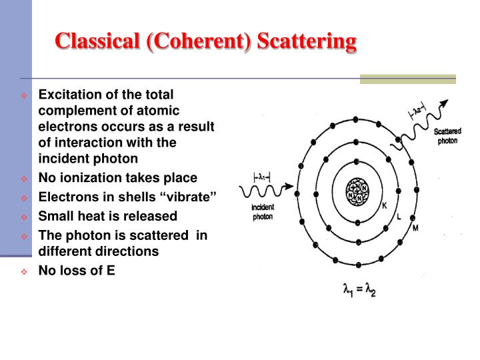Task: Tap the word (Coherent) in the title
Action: point(195,41)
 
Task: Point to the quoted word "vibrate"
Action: point(193,197)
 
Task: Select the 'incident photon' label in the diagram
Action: point(263,212)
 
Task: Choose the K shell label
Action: point(384,206)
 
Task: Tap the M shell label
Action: point(415,229)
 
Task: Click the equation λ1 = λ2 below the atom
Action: point(357,291)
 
